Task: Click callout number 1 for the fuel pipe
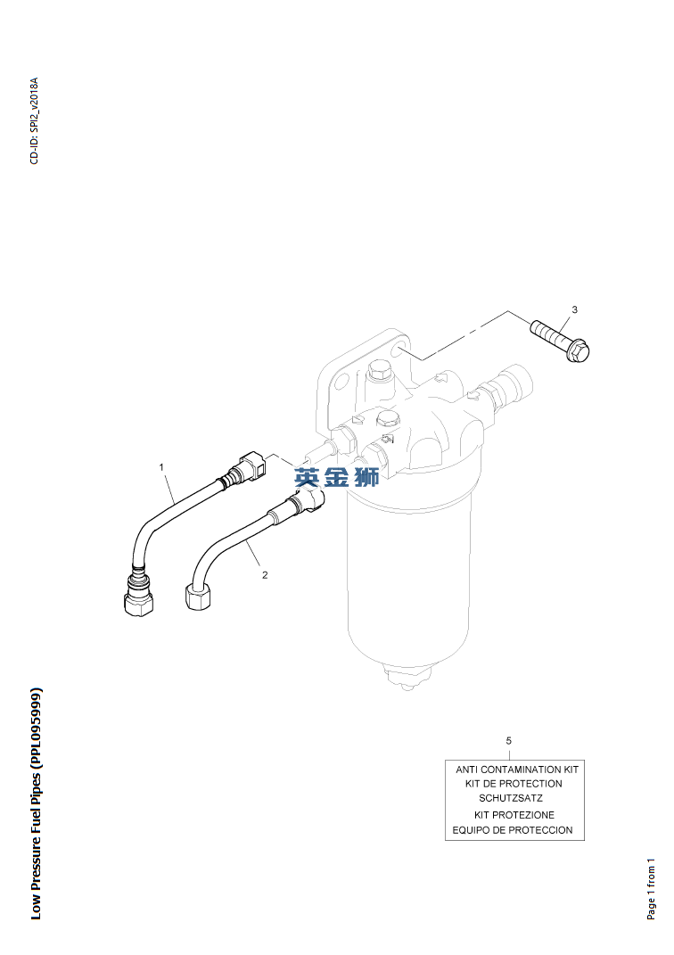tap(161, 466)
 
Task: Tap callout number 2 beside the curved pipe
tap(265, 575)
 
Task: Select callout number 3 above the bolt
tap(574, 309)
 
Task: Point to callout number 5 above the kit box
tap(509, 740)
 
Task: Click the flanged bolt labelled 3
tap(559, 342)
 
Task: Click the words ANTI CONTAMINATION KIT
tap(517, 769)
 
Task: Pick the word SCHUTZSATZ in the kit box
tap(510, 798)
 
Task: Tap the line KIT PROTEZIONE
tap(514, 815)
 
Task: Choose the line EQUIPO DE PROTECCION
tap(513, 830)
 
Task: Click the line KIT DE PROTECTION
tap(514, 783)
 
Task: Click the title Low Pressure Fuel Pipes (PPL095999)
tap(36, 803)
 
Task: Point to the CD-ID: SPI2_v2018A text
tap(34, 120)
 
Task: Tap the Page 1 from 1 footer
tap(651, 889)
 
